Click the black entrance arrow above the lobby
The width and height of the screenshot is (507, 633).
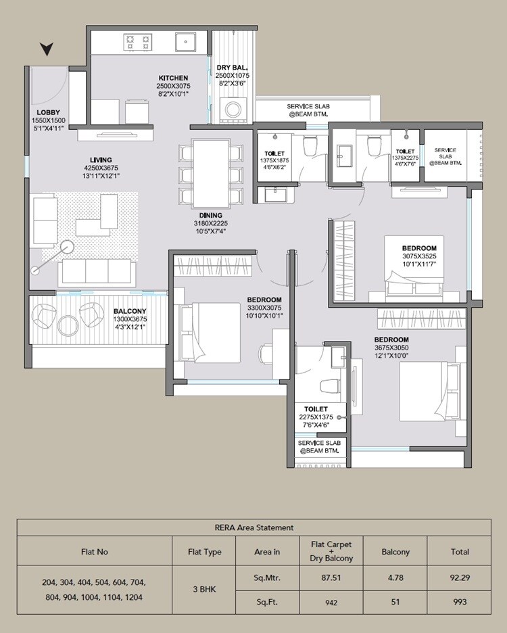point(46,49)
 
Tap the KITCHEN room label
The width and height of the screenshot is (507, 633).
point(173,78)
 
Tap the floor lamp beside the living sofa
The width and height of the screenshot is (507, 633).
point(66,248)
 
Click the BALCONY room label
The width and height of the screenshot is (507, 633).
point(130,311)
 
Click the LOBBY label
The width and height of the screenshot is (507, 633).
point(49,112)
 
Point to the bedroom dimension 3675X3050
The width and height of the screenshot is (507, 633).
point(391,347)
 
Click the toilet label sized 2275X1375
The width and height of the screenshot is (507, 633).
point(316,417)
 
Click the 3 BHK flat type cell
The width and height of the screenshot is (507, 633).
point(204,589)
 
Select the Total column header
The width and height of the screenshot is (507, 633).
point(460,552)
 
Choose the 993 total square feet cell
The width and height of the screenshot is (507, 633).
point(460,601)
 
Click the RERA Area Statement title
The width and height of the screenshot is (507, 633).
point(254,527)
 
